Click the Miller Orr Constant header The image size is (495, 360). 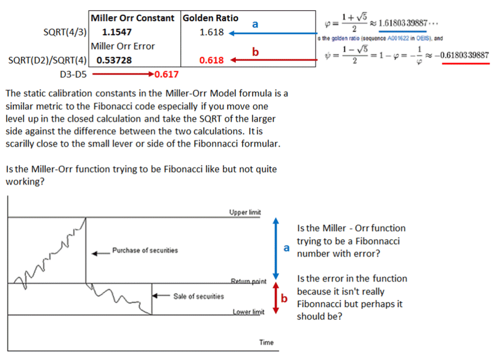pos(132,18)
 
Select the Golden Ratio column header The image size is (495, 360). pos(210,18)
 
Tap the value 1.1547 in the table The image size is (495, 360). pos(117,33)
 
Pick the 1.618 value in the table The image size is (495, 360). pos(211,33)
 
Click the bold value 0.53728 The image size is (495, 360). pos(114,60)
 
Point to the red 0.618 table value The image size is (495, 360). pos(211,60)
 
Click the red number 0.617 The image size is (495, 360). pos(166,75)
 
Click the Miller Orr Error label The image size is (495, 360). pos(123,46)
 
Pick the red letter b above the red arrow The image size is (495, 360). pos(255,51)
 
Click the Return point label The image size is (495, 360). pos(248,281)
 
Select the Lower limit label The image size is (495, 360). pos(248,312)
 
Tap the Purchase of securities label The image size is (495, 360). pos(145,250)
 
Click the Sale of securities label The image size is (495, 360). pos(198,296)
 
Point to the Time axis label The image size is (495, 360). pos(267,342)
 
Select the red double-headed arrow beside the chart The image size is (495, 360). pos(276,298)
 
